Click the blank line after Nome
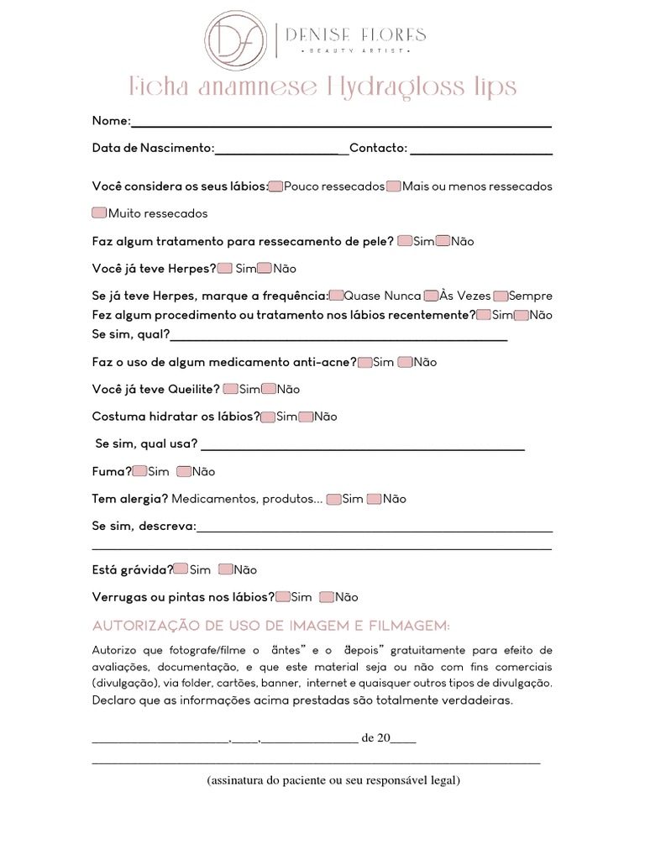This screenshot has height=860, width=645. pyautogui.click(x=341, y=122)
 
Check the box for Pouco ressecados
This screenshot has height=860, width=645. pyautogui.click(x=276, y=186)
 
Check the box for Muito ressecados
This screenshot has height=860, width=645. pyautogui.click(x=99, y=213)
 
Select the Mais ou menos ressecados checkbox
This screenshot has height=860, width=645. pyautogui.click(x=393, y=186)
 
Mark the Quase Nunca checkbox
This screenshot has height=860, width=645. pyautogui.click(x=336, y=296)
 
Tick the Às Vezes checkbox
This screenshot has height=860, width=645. pyautogui.click(x=431, y=296)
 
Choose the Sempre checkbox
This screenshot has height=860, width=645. pyautogui.click(x=501, y=296)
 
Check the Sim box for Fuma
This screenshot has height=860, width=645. pyautogui.click(x=139, y=471)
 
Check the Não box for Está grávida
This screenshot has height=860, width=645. pyautogui.click(x=225, y=569)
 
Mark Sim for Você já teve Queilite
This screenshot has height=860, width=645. pyautogui.click(x=230, y=389)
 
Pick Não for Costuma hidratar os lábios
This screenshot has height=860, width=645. pyautogui.click(x=306, y=416)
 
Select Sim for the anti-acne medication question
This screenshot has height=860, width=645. pyautogui.click(x=364, y=362)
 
